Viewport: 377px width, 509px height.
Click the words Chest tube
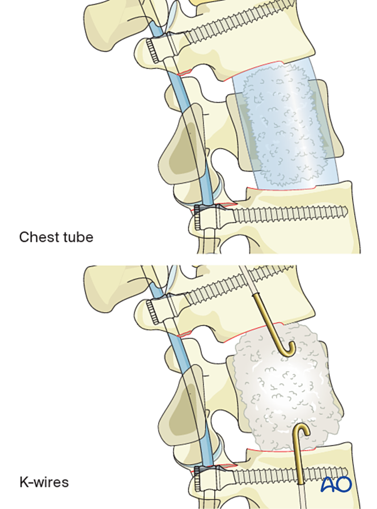(56, 236)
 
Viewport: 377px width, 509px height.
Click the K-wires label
(44, 482)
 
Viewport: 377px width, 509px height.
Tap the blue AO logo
(336, 484)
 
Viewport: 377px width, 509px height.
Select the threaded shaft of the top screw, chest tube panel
(238, 26)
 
